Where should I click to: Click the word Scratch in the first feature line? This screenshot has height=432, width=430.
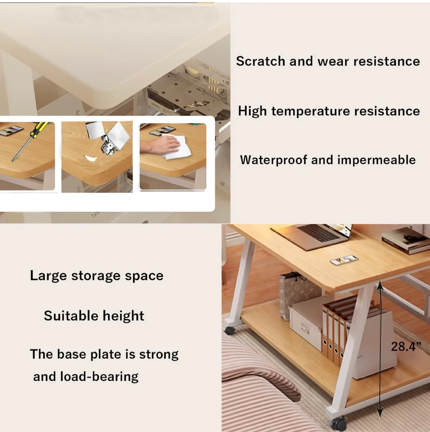coord(260,61)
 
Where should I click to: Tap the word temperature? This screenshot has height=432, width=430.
coord(310,111)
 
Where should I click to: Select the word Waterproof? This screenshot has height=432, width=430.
coord(274,160)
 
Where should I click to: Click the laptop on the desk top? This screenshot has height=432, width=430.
coord(312,235)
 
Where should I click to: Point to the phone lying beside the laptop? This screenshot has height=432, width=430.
coord(344,260)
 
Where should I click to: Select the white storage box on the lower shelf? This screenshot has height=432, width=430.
coord(306,324)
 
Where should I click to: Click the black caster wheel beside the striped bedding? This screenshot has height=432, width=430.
coord(230,330)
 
